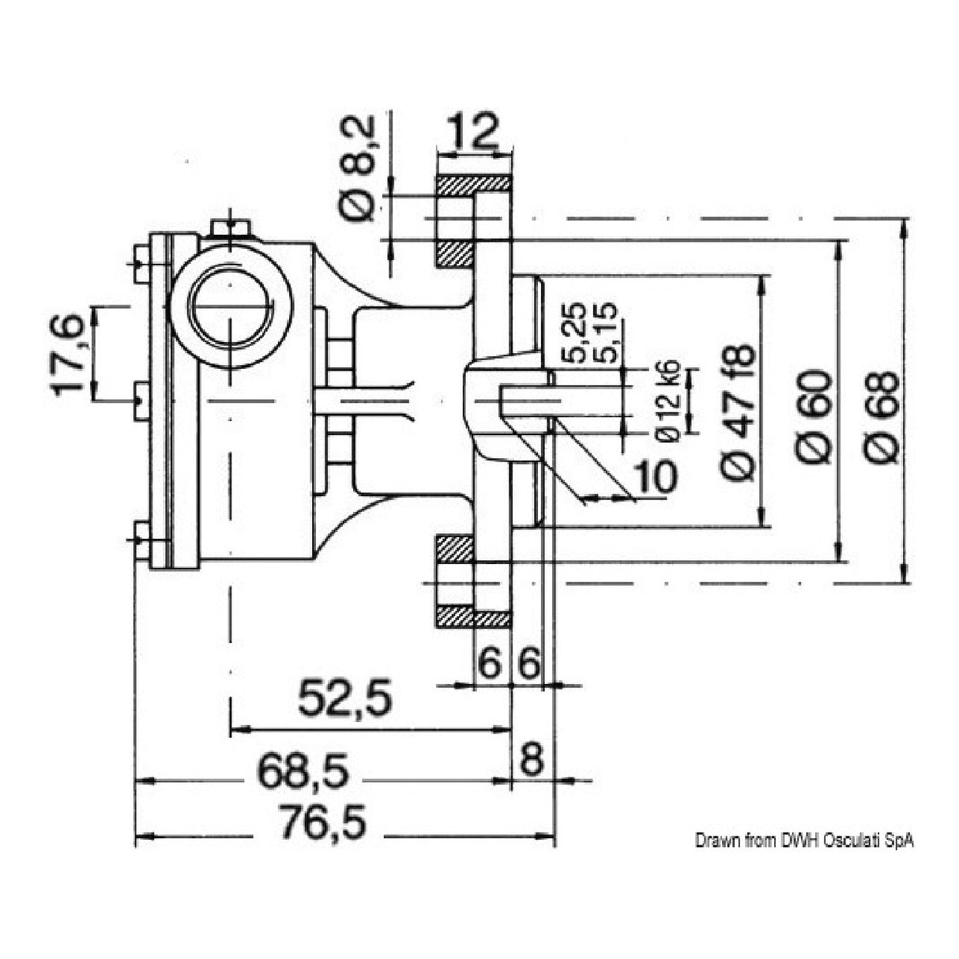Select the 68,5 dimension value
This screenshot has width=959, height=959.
303,769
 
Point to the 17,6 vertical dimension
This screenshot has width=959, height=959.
70,352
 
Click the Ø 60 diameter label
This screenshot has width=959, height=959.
814,416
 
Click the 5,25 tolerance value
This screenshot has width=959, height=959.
576,331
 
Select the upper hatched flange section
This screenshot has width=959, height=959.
474,187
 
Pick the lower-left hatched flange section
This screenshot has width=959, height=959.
454,547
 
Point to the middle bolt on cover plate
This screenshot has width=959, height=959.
139,401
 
